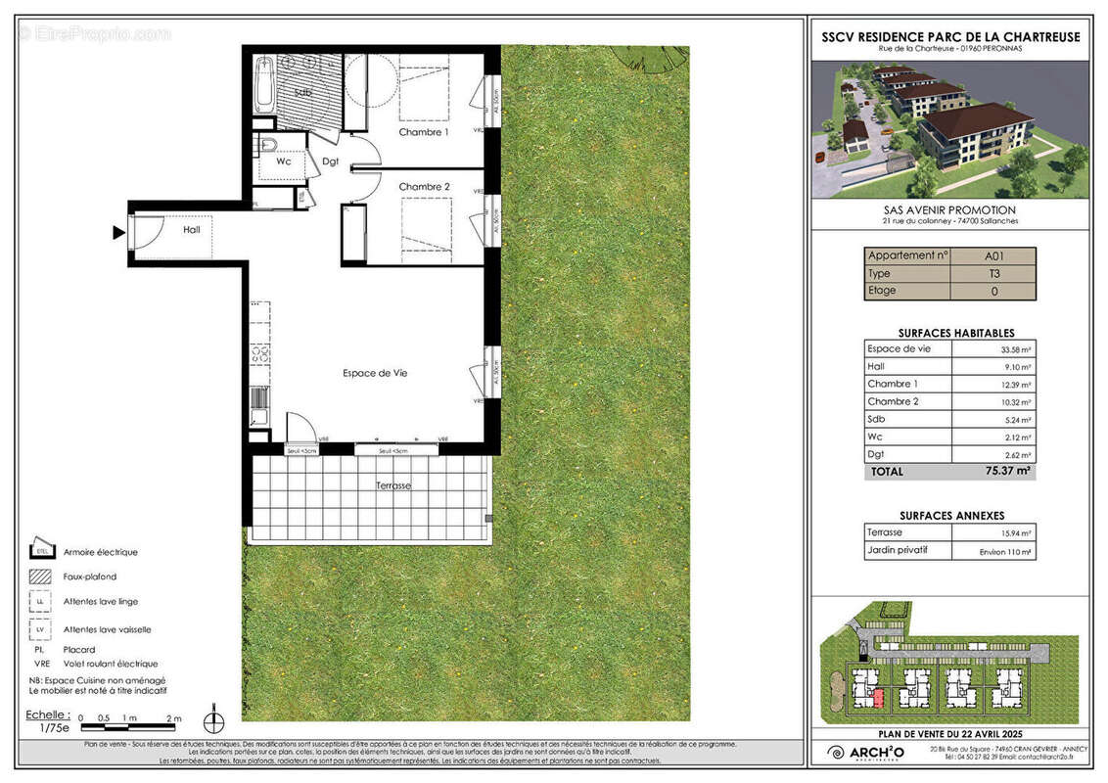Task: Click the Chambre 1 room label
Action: click(423, 132)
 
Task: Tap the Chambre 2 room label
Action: click(424, 187)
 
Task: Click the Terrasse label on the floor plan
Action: click(393, 485)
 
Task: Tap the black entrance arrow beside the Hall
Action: click(118, 233)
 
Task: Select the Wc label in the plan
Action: click(284, 162)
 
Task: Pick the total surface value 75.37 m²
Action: click(1011, 471)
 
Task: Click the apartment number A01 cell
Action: click(993, 256)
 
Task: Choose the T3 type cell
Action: click(993, 273)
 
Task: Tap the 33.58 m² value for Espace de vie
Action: click(1016, 349)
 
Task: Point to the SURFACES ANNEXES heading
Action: click(951, 515)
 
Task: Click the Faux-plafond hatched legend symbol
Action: click(40, 576)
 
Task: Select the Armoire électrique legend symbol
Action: click(40, 550)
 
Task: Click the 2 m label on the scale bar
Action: click(173, 718)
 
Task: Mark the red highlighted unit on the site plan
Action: click(878, 697)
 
